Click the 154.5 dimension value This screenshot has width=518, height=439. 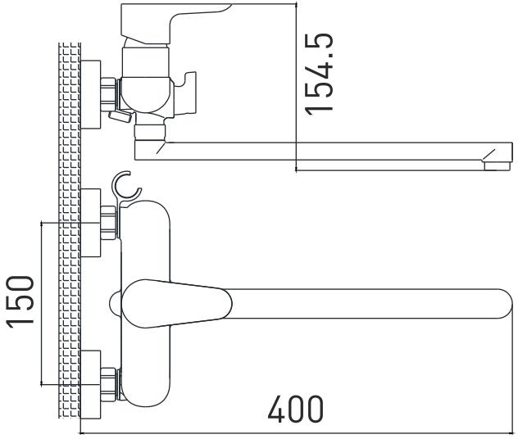coord(319,75)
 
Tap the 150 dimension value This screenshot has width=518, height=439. coord(20,302)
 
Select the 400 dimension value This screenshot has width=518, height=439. coord(296,409)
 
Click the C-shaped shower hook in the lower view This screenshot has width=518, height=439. coord(126,186)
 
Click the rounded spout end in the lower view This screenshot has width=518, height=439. coord(504,304)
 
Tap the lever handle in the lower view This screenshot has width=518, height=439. coord(177,304)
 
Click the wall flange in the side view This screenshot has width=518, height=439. coord(90,94)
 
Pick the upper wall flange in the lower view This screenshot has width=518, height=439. coord(90,223)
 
